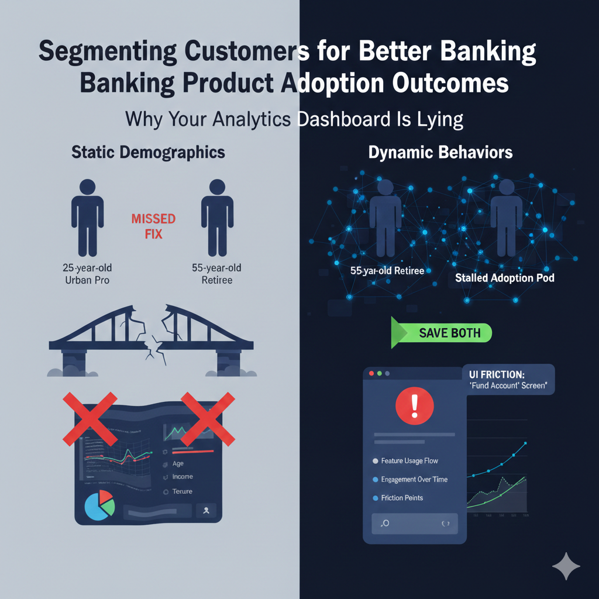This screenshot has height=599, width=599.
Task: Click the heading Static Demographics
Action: click(148, 152)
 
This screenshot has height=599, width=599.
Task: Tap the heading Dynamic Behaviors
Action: click(440, 153)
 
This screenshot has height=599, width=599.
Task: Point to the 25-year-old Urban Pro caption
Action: click(88, 274)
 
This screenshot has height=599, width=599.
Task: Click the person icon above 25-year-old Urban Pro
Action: click(87, 218)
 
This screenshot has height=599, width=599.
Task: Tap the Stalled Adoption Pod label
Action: click(504, 278)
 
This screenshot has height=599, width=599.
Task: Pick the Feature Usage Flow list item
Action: click(409, 461)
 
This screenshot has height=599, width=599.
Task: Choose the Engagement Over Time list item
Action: click(414, 479)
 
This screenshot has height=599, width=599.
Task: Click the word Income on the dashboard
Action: click(183, 477)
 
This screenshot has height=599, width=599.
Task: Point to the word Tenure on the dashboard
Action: click(182, 492)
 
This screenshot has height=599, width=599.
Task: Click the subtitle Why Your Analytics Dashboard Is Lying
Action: click(294, 119)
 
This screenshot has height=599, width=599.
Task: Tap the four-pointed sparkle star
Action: click(566, 567)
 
